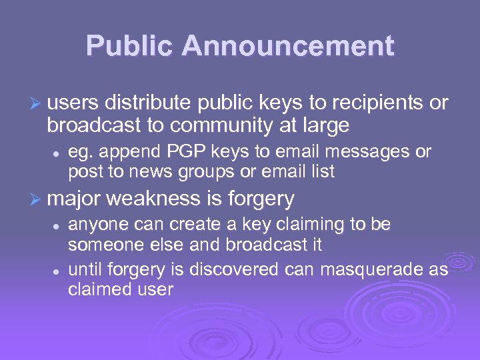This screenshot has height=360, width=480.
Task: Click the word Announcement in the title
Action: point(289,46)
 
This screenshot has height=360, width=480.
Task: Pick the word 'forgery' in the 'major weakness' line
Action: point(261,199)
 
